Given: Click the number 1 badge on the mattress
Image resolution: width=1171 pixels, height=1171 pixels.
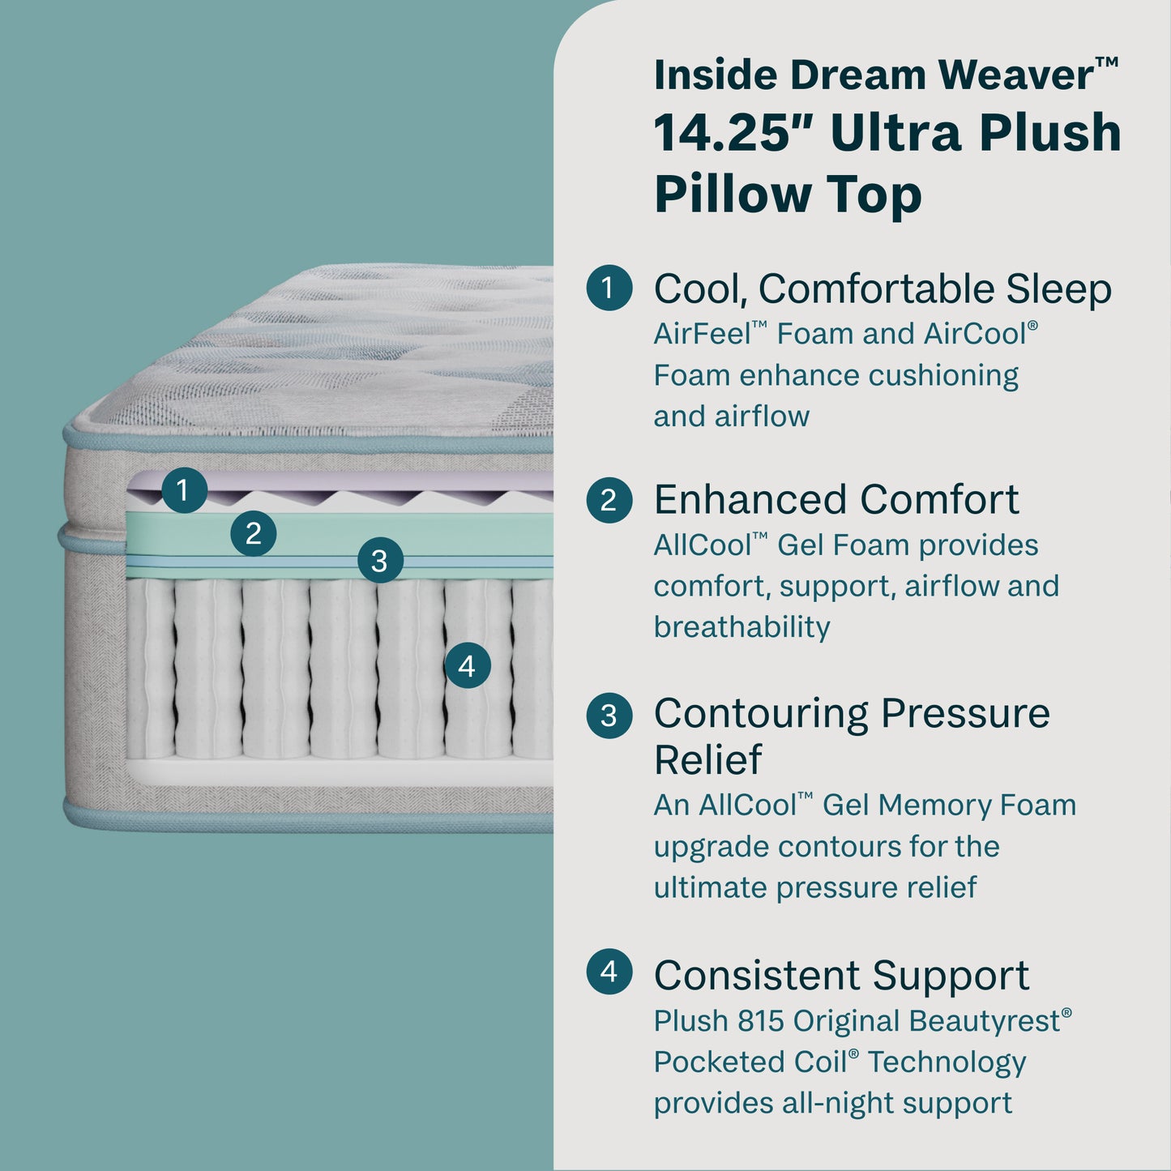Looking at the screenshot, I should pyautogui.click(x=184, y=490).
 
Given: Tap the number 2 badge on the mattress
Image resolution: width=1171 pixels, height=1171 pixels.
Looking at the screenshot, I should pyautogui.click(x=254, y=533).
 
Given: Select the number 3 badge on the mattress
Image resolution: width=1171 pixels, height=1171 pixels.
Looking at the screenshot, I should pyautogui.click(x=380, y=560).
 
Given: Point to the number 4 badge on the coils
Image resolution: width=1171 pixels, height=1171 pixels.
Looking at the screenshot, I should pyautogui.click(x=468, y=665).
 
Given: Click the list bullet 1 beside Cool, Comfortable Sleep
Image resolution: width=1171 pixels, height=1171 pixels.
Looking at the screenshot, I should pyautogui.click(x=609, y=288).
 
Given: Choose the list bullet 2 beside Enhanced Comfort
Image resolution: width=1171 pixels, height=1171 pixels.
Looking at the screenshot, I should pyautogui.click(x=609, y=500).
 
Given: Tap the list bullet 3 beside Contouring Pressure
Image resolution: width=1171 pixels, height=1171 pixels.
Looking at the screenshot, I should pyautogui.click(x=609, y=716).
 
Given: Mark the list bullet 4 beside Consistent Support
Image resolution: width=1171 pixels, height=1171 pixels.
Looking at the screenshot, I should pyautogui.click(x=609, y=972).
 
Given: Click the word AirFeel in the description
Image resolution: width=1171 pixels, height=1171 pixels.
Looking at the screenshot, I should pyautogui.click(x=702, y=334).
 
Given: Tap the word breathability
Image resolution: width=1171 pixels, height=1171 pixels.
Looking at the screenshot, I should pyautogui.click(x=741, y=627).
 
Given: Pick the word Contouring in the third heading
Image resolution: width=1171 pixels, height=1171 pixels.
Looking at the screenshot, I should pyautogui.click(x=761, y=714).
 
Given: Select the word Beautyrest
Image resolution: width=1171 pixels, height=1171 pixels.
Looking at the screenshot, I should pyautogui.click(x=984, y=1021).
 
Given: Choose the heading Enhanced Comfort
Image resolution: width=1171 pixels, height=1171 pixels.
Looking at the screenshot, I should pyautogui.click(x=836, y=500).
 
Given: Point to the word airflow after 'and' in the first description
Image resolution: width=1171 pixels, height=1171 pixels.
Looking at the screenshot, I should pyautogui.click(x=762, y=417).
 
